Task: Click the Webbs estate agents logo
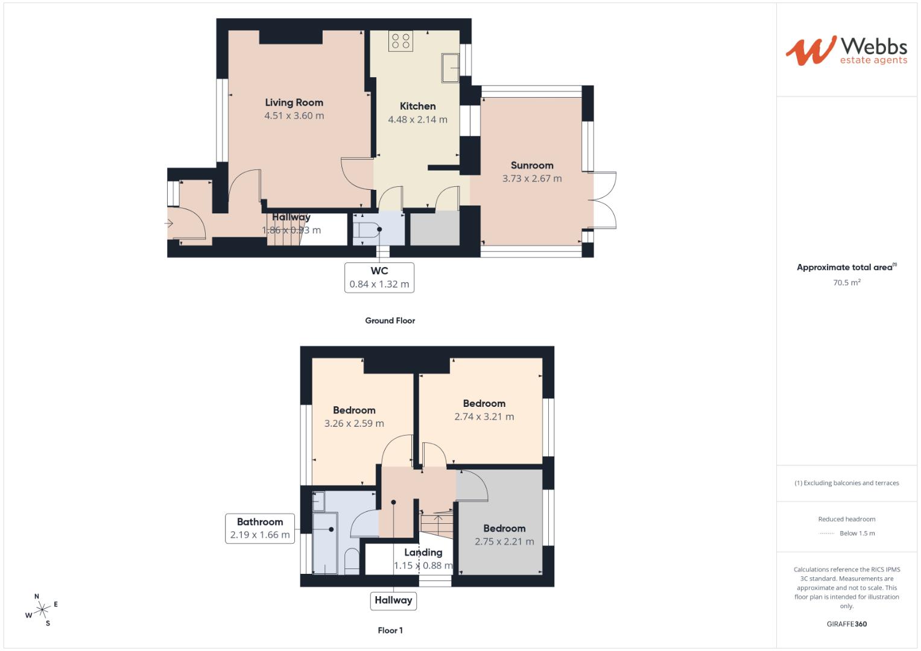pyautogui.click(x=846, y=51)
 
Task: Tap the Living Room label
pyautogui.click(x=294, y=102)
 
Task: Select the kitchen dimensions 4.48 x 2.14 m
pyautogui.click(x=417, y=119)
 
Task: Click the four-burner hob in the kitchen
pyautogui.click(x=400, y=40)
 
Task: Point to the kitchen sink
pyautogui.click(x=450, y=67)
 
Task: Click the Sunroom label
pyautogui.click(x=531, y=165)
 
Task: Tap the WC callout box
pyautogui.click(x=379, y=277)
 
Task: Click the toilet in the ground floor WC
pyautogui.click(x=367, y=230)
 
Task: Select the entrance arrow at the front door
pyautogui.click(x=169, y=224)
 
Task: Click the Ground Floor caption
pyautogui.click(x=390, y=321)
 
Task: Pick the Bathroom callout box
pyautogui.click(x=259, y=528)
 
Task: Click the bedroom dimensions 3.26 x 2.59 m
pyautogui.click(x=354, y=423)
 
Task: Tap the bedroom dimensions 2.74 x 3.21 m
pyautogui.click(x=484, y=417)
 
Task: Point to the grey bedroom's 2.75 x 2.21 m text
pyautogui.click(x=504, y=541)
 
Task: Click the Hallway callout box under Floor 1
pyautogui.click(x=393, y=600)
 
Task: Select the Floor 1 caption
pyautogui.click(x=390, y=631)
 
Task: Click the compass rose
pyautogui.click(x=42, y=611)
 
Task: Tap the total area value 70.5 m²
pyautogui.click(x=846, y=282)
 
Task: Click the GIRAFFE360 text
pyautogui.click(x=846, y=624)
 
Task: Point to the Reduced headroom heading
pyautogui.click(x=846, y=519)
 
